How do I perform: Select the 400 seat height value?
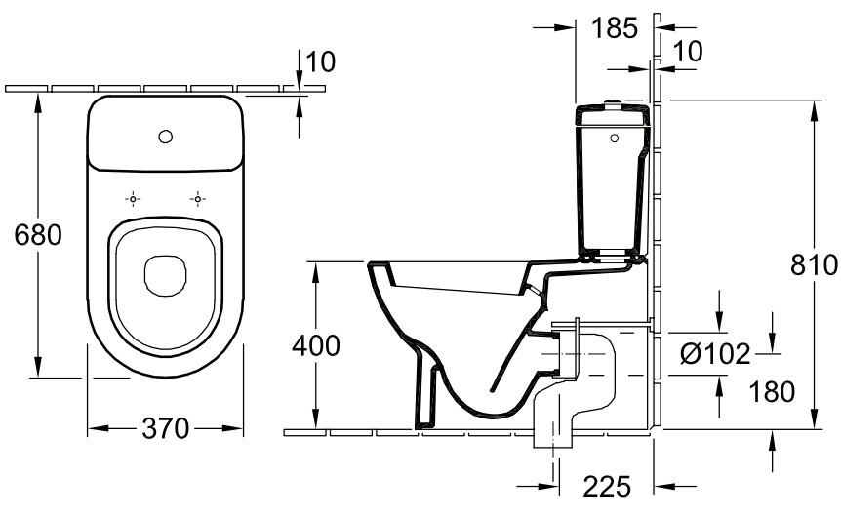pyautogui.click(x=315, y=345)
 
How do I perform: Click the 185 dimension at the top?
pyautogui.click(x=615, y=27)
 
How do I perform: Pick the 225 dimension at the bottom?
pyautogui.click(x=608, y=485)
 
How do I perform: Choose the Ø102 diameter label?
pyautogui.click(x=715, y=354)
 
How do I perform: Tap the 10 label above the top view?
pyautogui.click(x=320, y=62)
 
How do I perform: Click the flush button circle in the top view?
pyautogui.click(x=165, y=136)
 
